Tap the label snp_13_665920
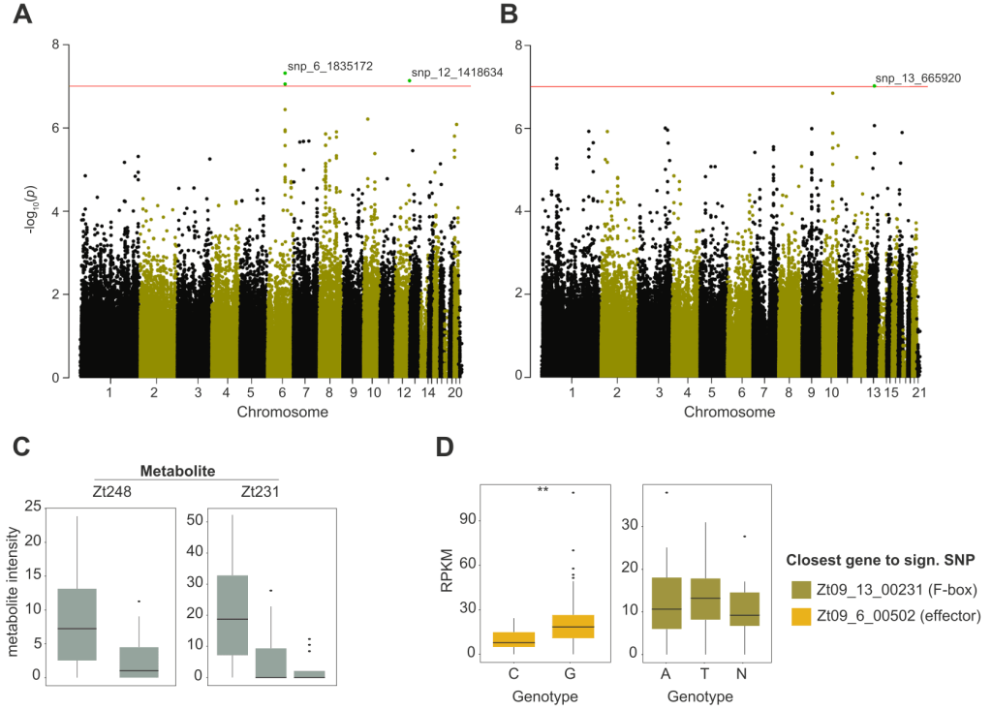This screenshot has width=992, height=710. coord(917,78)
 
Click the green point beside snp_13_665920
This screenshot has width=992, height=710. coord(875,85)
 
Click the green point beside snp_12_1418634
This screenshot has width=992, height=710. coord(410,80)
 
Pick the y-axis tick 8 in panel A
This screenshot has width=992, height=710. coord(56,45)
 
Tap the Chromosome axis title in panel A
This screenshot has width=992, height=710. coord(282,412)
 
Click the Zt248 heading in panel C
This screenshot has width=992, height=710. coord(112,491)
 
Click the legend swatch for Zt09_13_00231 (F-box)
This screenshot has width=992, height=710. coord(802,590)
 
